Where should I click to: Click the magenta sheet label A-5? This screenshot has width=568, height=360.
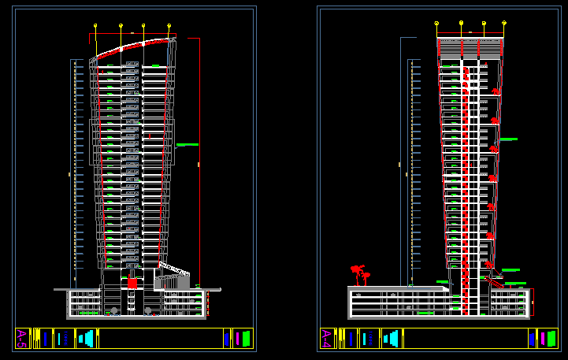coord(21,338)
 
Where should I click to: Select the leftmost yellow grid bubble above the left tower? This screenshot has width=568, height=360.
coord(95,25)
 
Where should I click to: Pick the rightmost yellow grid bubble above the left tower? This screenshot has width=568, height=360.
coord(169,25)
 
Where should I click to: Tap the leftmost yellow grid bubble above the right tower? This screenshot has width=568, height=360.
coord(436,24)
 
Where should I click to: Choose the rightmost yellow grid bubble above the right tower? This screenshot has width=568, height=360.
coord(504,24)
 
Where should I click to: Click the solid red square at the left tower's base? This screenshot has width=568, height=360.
coord(132,283)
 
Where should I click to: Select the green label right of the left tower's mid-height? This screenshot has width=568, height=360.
coord(187,144)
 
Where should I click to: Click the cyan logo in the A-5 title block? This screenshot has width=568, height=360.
coord(86,338)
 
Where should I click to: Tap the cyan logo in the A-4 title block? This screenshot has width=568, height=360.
coord(390,338)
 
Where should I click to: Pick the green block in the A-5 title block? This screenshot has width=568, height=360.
coord(246,338)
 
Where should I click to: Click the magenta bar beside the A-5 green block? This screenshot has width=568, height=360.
coord(236,338)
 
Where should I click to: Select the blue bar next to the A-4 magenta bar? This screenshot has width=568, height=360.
coord(532,338)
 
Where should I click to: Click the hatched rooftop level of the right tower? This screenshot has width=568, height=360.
coord(470,47)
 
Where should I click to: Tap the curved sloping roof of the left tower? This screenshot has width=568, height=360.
coord(132,46)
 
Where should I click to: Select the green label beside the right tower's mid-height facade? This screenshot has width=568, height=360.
coord(508,139)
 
